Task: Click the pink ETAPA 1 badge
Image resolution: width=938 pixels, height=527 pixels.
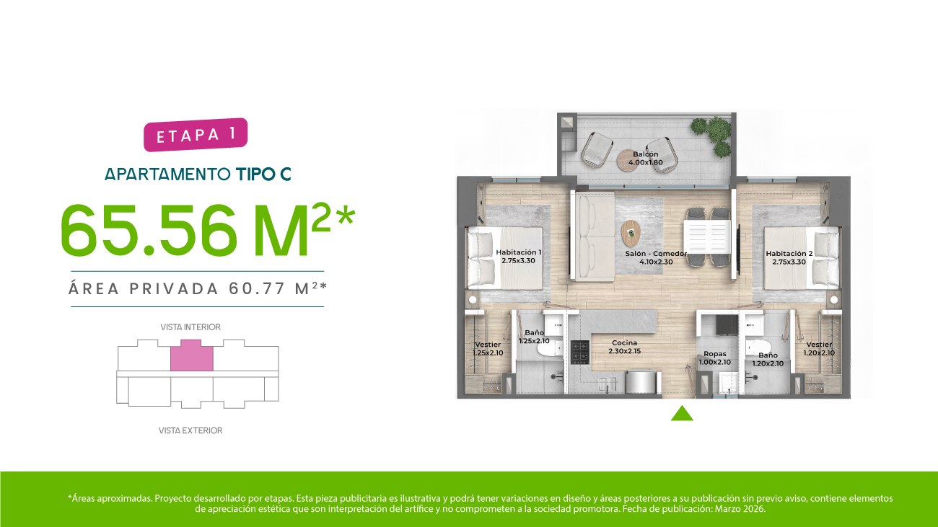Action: (196, 135)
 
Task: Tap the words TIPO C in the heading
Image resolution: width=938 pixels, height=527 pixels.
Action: (263, 174)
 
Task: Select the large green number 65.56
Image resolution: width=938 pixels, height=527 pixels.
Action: (149, 231)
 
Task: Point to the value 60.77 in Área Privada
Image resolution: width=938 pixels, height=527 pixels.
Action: (257, 288)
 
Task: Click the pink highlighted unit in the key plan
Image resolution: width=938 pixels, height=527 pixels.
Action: (192, 355)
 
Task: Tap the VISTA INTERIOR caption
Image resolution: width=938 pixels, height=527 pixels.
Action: (190, 327)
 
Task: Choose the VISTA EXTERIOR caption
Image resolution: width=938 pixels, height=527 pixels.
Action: (190, 430)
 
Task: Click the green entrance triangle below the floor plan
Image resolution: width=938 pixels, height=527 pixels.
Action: (682, 414)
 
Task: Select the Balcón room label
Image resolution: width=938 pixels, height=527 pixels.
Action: (646, 154)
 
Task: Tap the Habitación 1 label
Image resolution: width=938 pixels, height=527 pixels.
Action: (518, 252)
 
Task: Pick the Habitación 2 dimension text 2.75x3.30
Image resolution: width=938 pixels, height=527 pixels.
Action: (789, 262)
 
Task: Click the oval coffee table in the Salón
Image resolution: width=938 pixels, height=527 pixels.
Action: (631, 234)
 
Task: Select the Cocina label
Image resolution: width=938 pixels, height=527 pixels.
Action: (624, 343)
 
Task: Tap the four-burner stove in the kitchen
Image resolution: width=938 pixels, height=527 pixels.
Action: (580, 352)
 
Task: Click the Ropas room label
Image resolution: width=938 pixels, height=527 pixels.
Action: (715, 354)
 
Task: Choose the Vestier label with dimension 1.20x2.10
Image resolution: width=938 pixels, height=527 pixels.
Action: (819, 348)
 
